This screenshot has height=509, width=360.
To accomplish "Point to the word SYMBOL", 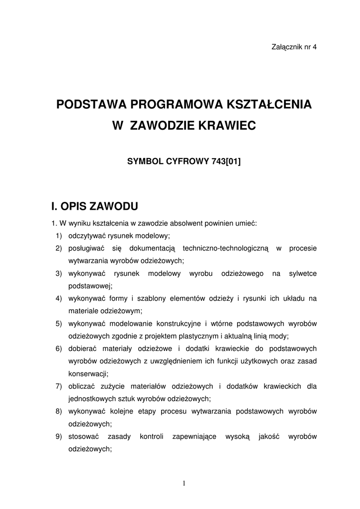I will pyautogui.click(x=145, y=161).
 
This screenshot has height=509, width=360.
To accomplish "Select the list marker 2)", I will pyautogui.click(x=59, y=248).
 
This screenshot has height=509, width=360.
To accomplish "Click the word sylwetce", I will pyautogui.click(x=303, y=273).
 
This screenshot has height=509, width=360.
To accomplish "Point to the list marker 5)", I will pyautogui.click(x=59, y=324).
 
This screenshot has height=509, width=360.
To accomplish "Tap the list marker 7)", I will pyautogui.click(x=59, y=386).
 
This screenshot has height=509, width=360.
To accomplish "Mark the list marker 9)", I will pyautogui.click(x=59, y=436).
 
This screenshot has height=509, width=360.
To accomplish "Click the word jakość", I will pyautogui.click(x=269, y=436).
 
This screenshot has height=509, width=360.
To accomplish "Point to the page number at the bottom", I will pyautogui.click(x=183, y=483).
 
